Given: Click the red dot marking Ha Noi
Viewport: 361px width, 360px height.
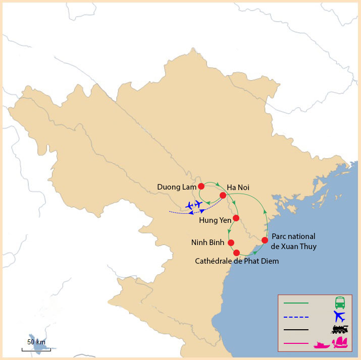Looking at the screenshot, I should tap(223, 195).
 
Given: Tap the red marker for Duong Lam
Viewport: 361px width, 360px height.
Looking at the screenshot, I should tap(201, 186).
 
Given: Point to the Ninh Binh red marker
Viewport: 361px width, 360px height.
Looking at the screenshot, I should tap(231, 243).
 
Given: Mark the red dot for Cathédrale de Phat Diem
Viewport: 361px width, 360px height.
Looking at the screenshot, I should tap(236, 252).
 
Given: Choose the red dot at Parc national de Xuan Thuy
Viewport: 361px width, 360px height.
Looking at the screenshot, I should tap(265, 240).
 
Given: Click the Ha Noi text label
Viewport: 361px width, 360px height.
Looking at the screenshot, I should tap(238, 188).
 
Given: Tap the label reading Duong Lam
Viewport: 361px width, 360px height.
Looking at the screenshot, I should tap(176, 187).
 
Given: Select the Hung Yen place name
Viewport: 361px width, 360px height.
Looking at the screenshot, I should tap(215, 220).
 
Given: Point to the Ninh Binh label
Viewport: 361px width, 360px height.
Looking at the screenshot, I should tap(208, 243).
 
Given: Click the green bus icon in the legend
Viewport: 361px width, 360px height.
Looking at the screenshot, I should tap(340, 303).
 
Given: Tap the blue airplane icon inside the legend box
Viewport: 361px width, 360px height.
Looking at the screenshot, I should tap(340, 317).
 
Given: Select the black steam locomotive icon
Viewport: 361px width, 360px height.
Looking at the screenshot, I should tap(340, 330).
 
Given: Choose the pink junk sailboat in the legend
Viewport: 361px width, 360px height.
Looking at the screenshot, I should tap(341, 343).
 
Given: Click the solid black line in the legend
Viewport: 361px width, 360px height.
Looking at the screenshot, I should tap(296, 330).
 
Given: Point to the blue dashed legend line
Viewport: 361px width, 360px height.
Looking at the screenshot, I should tap(296, 317).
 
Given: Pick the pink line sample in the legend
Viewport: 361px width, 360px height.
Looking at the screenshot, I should tap(296, 344).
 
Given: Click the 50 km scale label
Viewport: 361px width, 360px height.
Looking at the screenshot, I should tap(36, 342).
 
